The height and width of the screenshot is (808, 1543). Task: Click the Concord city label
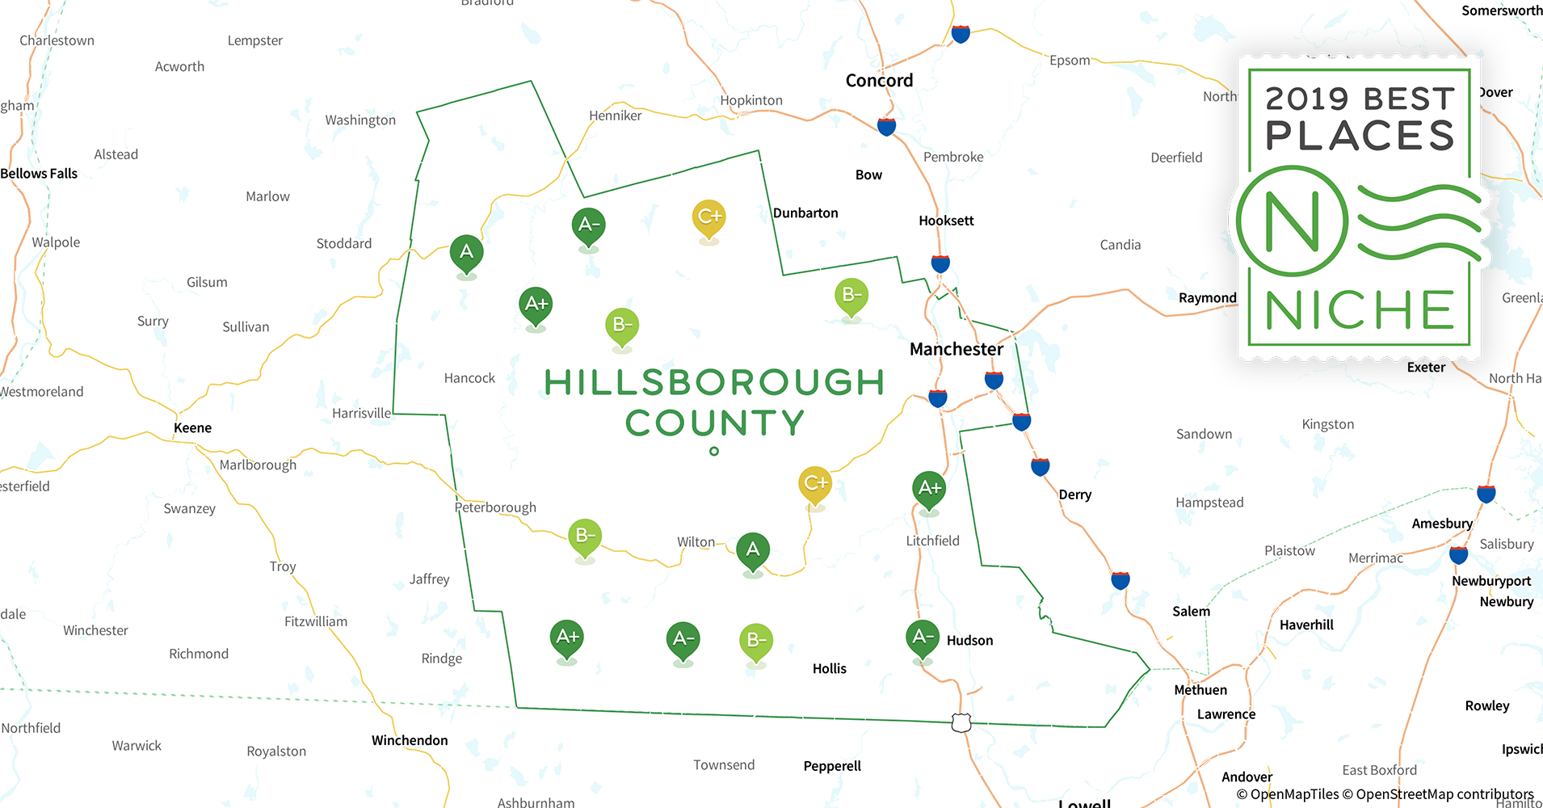point(879,81)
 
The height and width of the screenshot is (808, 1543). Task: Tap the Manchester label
point(956,349)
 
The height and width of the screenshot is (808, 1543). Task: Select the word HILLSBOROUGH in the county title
point(714,382)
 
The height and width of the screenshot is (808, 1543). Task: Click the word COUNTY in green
point(714,423)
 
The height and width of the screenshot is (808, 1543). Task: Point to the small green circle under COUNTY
point(714,452)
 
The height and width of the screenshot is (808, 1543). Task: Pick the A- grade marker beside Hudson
point(922,638)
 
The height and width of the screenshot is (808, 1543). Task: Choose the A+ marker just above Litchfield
point(929,488)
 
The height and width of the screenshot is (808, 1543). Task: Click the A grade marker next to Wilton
point(753,550)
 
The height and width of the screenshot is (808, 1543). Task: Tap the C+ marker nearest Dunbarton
point(709,217)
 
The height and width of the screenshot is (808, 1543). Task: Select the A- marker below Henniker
point(589,225)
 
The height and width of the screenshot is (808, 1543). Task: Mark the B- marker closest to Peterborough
point(585,536)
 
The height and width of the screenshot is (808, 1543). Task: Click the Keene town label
point(192,428)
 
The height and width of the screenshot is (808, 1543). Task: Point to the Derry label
point(1074,494)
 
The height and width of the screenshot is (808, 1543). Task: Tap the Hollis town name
point(829,668)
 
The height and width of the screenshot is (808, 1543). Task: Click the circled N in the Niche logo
point(1292,221)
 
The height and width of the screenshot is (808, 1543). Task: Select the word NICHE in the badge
point(1359,310)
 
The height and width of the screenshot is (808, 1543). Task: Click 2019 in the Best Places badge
point(1307,99)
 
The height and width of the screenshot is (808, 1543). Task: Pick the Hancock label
point(469,378)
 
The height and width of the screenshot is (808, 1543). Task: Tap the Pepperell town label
point(832,766)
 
